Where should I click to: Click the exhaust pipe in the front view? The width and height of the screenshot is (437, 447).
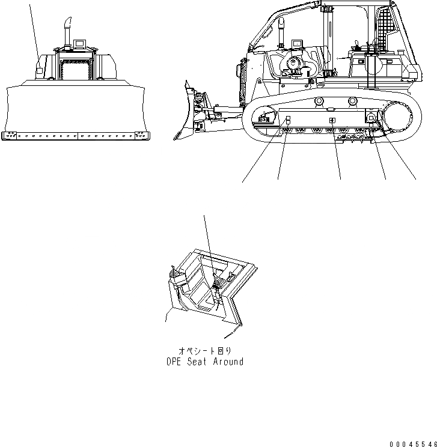click(x=67, y=33)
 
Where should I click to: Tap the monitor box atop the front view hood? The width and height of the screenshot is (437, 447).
click(x=80, y=44)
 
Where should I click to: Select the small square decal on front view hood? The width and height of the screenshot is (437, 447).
click(x=39, y=71)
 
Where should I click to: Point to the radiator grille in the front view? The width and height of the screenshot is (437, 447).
click(x=76, y=70)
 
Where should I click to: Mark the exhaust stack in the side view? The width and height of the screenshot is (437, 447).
click(x=281, y=32)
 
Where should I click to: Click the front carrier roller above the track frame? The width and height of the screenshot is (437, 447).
click(x=319, y=101)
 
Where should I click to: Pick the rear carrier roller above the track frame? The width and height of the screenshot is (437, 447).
click(x=353, y=101)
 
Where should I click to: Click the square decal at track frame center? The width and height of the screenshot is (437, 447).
click(x=332, y=121)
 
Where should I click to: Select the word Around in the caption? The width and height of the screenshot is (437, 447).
click(x=228, y=362)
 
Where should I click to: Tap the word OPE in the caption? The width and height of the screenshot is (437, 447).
click(x=174, y=362)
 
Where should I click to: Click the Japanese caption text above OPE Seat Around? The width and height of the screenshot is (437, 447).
click(x=205, y=351)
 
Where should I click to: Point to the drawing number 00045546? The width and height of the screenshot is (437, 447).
click(x=414, y=444)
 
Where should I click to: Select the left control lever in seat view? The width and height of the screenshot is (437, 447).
click(x=174, y=273)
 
